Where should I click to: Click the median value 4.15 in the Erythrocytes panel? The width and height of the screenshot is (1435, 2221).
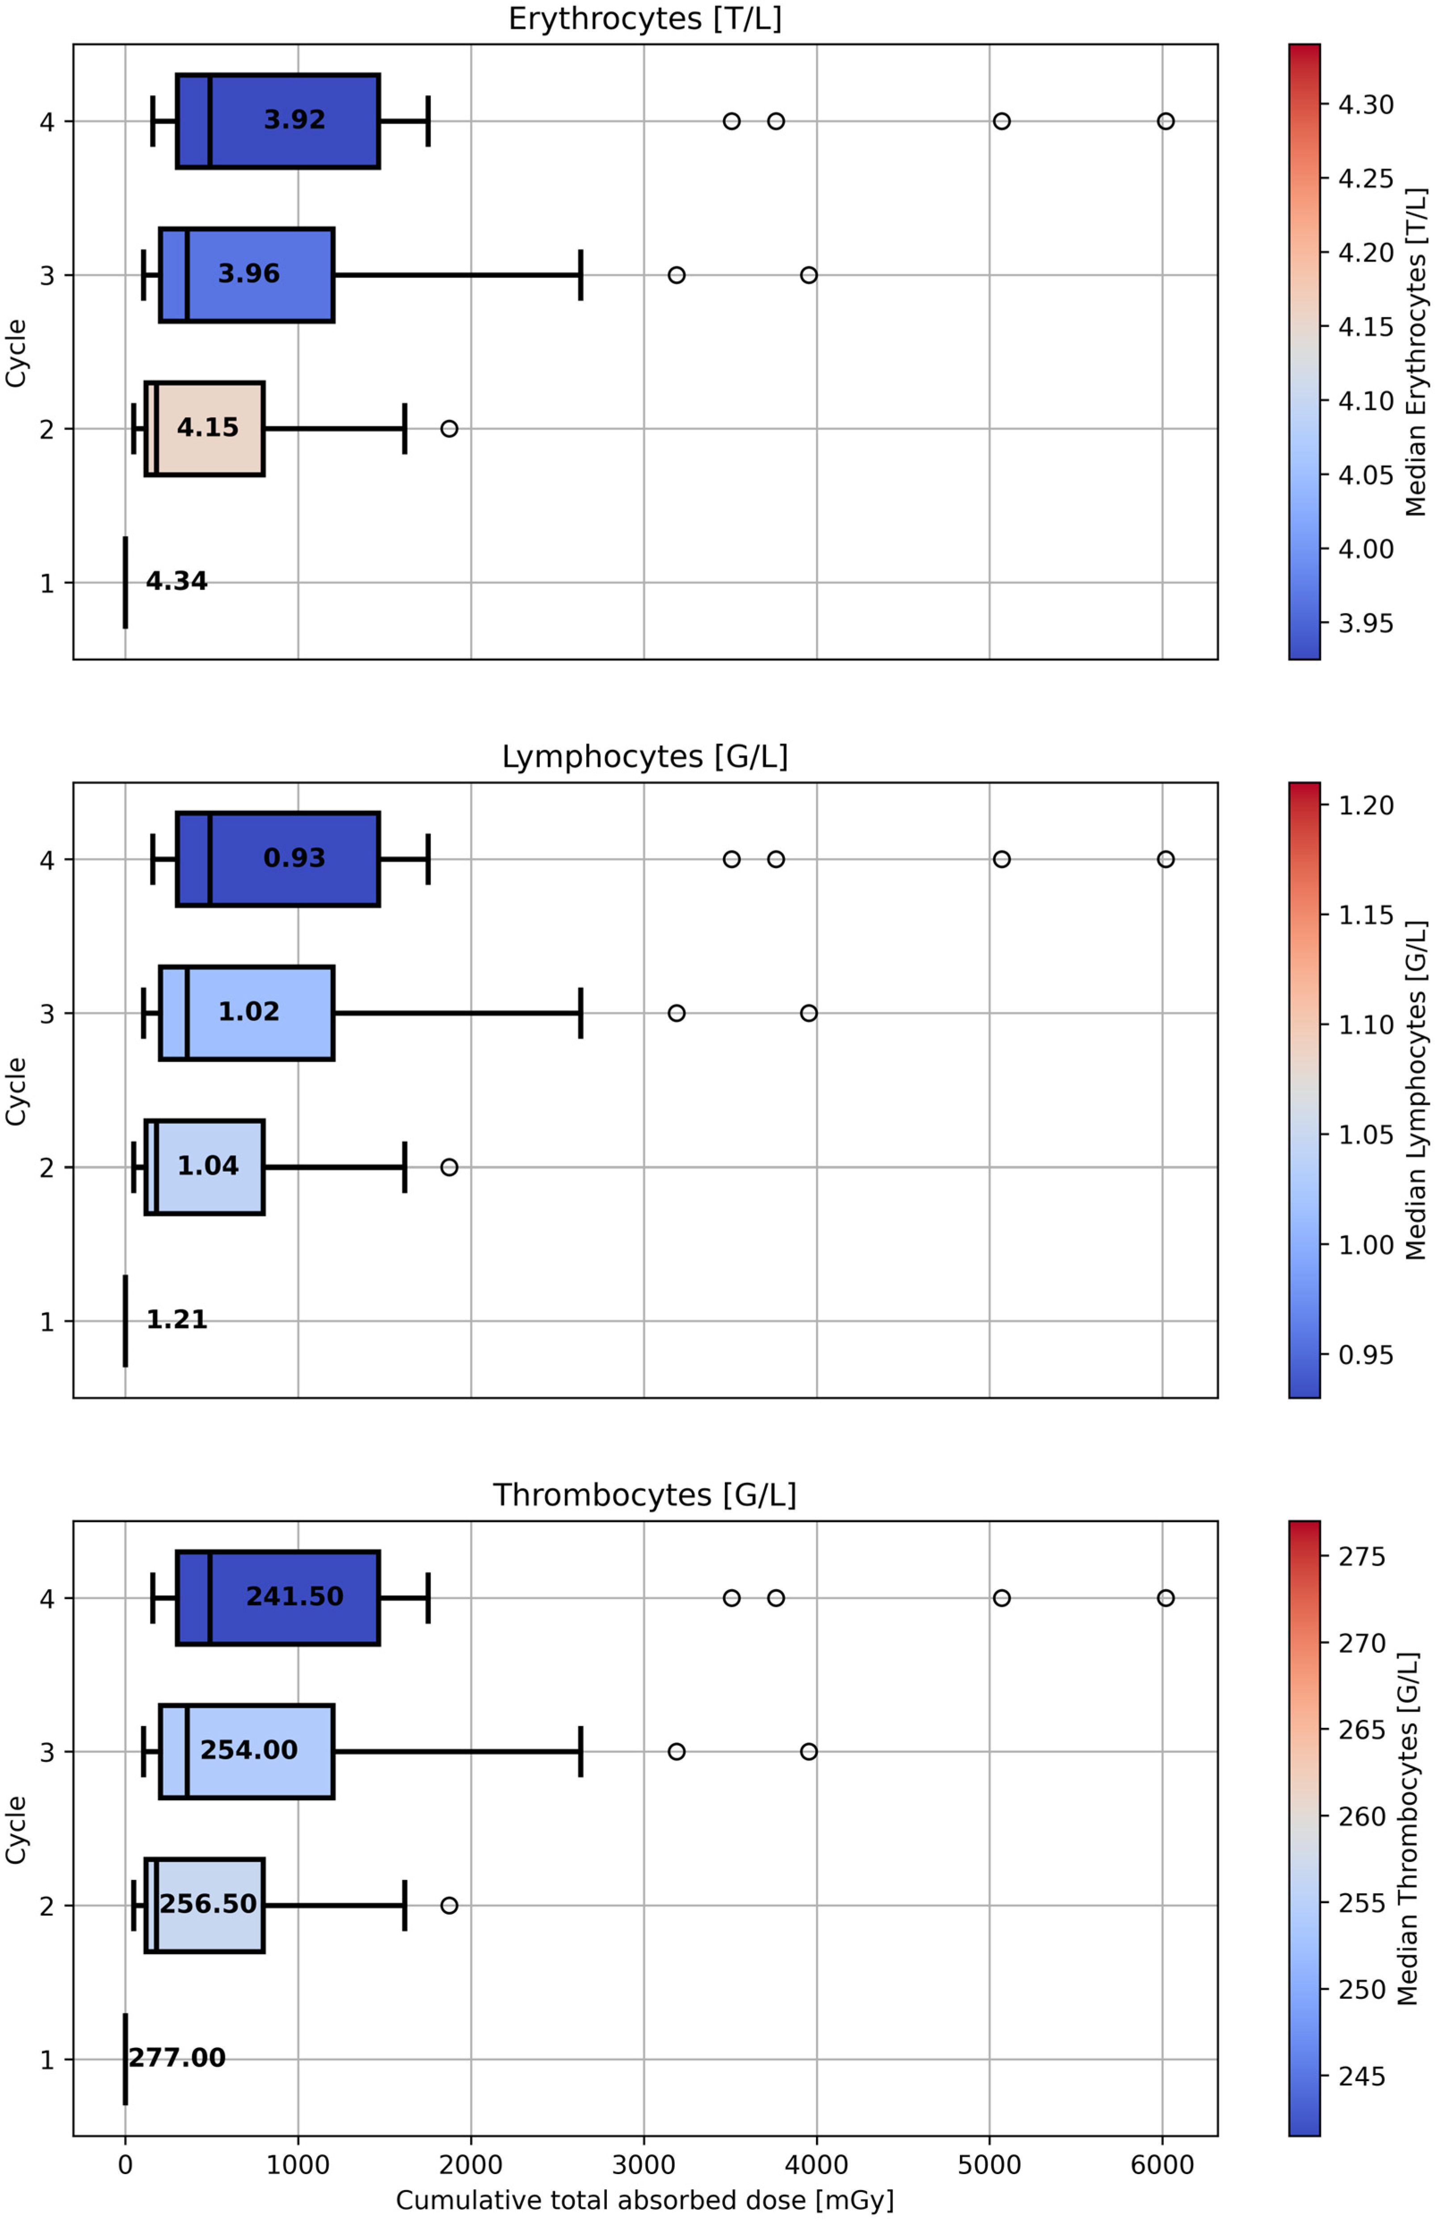coord(208,428)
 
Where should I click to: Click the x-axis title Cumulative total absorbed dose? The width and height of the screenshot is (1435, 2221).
coord(645,2200)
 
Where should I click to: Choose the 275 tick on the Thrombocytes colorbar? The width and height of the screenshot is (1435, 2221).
coord(1361,1557)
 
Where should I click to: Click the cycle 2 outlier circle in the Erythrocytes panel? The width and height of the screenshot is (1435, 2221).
coord(449,429)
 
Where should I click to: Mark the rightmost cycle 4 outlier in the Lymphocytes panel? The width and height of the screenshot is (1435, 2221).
coord(1166,859)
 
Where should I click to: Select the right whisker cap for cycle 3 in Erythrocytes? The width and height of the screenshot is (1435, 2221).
coord(581,275)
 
